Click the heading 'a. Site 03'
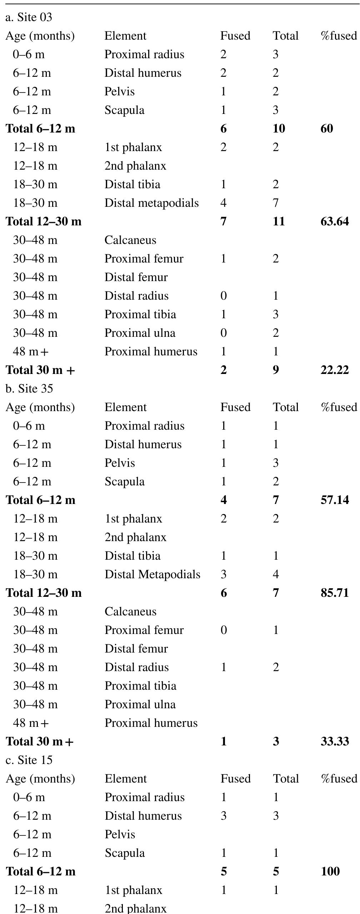[29, 17]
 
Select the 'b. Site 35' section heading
[29, 388]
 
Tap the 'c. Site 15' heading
[29, 760]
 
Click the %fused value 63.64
[335, 221]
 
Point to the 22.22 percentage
[335, 370]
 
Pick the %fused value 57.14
[335, 500]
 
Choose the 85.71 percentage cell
[335, 593]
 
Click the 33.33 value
[335, 741]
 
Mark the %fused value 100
[330, 871]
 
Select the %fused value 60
[327, 129]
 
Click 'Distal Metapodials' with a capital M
[152, 574]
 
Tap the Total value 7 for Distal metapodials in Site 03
[275, 203]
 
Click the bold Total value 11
[279, 221]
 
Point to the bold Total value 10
[279, 129]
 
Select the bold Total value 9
[276, 370]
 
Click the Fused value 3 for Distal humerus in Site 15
[224, 816]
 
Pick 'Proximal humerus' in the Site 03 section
[151, 351]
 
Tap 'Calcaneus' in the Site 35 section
[130, 611]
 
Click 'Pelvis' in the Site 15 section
[120, 834]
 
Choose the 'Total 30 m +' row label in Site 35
[40, 741]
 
